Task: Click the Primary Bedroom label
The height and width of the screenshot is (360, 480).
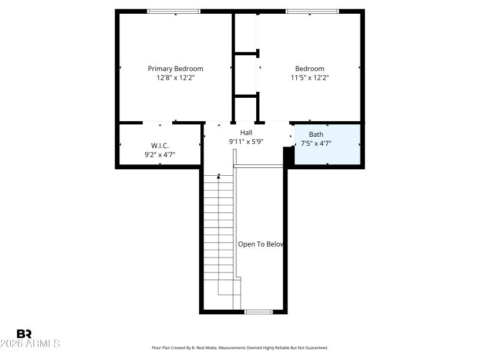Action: tap(175, 68)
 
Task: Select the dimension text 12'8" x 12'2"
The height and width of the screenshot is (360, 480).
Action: tap(175, 77)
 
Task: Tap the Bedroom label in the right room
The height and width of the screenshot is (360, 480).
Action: tap(309, 68)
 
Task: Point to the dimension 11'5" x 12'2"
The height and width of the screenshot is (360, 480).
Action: tap(309, 77)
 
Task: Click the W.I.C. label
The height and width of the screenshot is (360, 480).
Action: tap(160, 146)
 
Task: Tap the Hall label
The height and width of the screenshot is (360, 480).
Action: tap(246, 133)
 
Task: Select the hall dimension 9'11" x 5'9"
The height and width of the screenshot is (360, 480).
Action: tap(246, 142)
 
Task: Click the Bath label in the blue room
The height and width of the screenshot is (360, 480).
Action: tap(316, 134)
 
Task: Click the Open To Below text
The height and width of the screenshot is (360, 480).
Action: tap(260, 244)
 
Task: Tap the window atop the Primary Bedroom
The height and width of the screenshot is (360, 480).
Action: tap(174, 11)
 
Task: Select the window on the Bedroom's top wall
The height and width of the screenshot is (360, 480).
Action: tap(312, 11)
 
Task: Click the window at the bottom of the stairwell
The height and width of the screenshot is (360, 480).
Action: tap(259, 311)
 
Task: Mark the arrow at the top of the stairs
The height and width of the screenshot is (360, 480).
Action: tap(219, 176)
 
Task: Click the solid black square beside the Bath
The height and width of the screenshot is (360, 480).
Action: tap(288, 157)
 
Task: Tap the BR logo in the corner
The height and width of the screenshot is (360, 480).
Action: tap(24, 334)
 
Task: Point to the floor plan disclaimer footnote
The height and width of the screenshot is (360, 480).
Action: tap(240, 348)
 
